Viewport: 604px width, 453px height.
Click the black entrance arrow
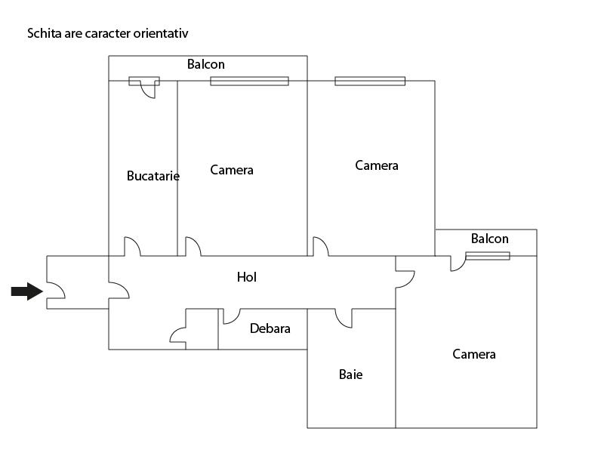[x=27, y=291]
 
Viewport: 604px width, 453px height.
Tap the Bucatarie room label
[x=153, y=176]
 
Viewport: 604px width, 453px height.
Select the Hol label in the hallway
[x=247, y=277]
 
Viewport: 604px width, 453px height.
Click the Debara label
[x=270, y=328]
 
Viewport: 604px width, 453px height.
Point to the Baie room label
[x=350, y=374]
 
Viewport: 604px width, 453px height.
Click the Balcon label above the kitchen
[x=205, y=64]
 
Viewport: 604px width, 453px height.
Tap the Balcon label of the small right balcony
[x=489, y=239]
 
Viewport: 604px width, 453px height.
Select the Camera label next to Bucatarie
[x=232, y=171]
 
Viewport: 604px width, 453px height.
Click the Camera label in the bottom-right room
[x=474, y=354]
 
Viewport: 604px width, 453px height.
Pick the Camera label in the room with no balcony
[x=376, y=165]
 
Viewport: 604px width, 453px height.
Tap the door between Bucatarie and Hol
[x=132, y=246]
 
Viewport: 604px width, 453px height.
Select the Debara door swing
[x=232, y=316]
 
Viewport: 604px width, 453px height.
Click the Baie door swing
[x=344, y=318]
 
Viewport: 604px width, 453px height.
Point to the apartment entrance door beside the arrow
[x=56, y=290]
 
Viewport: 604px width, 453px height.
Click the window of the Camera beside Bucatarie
[x=249, y=81]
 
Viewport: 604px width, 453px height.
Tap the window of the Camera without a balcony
[x=370, y=81]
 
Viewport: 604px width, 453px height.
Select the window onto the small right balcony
[x=488, y=256]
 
